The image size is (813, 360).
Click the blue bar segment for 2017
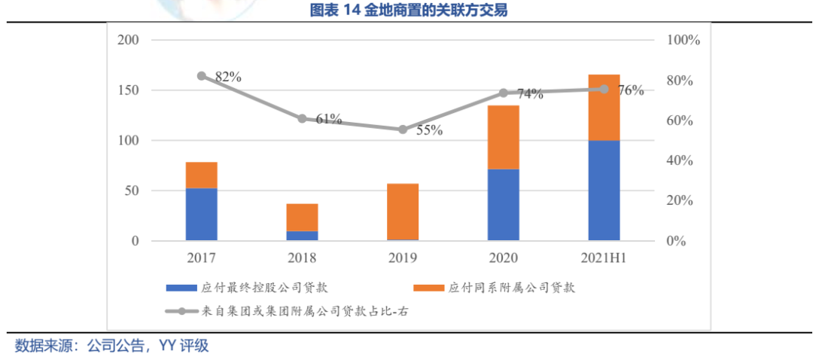click(x=201, y=215)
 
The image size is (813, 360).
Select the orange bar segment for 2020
click(x=503, y=137)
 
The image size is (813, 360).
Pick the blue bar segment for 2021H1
click(x=604, y=191)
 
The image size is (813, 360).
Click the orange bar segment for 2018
click(x=302, y=218)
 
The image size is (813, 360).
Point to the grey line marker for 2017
click(x=201, y=76)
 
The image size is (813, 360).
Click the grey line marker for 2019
click(x=403, y=130)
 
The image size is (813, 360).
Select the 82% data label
click(x=227, y=77)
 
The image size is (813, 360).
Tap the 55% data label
click(x=429, y=130)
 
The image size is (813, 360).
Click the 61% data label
click(x=328, y=119)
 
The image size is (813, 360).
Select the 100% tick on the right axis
click(x=684, y=40)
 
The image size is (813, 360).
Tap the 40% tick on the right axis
click(x=681, y=161)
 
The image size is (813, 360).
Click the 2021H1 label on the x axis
click(x=604, y=258)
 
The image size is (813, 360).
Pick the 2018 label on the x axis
click(x=302, y=258)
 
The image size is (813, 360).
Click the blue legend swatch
click(x=181, y=288)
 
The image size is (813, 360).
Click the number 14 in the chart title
click(x=354, y=11)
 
